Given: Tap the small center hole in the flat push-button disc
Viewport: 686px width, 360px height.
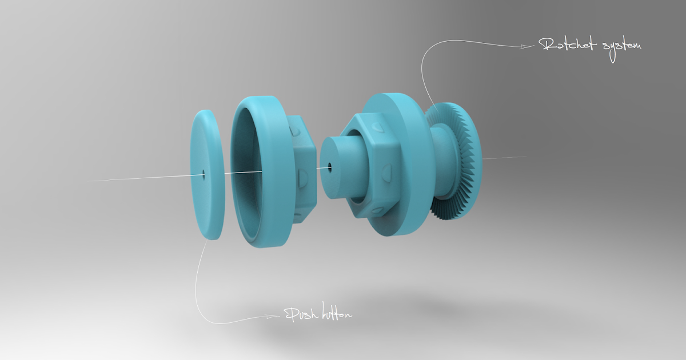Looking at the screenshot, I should point(204,171).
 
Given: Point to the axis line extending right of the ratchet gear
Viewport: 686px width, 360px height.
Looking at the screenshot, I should point(503,158).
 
